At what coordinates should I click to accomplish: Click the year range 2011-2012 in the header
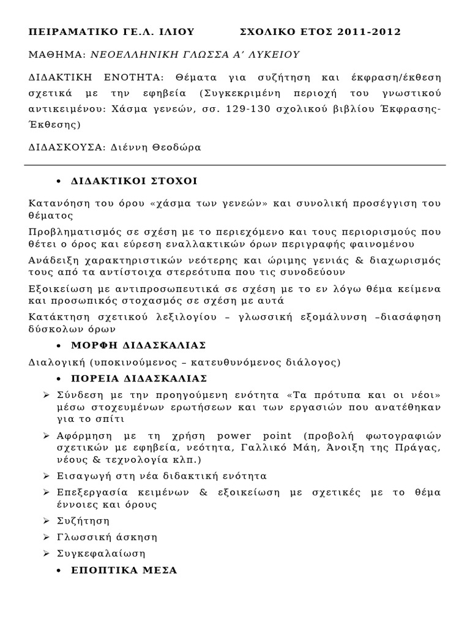368,32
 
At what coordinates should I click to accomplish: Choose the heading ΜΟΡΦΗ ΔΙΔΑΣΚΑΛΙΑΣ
138,345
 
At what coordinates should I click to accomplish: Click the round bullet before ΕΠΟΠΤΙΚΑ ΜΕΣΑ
58,571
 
